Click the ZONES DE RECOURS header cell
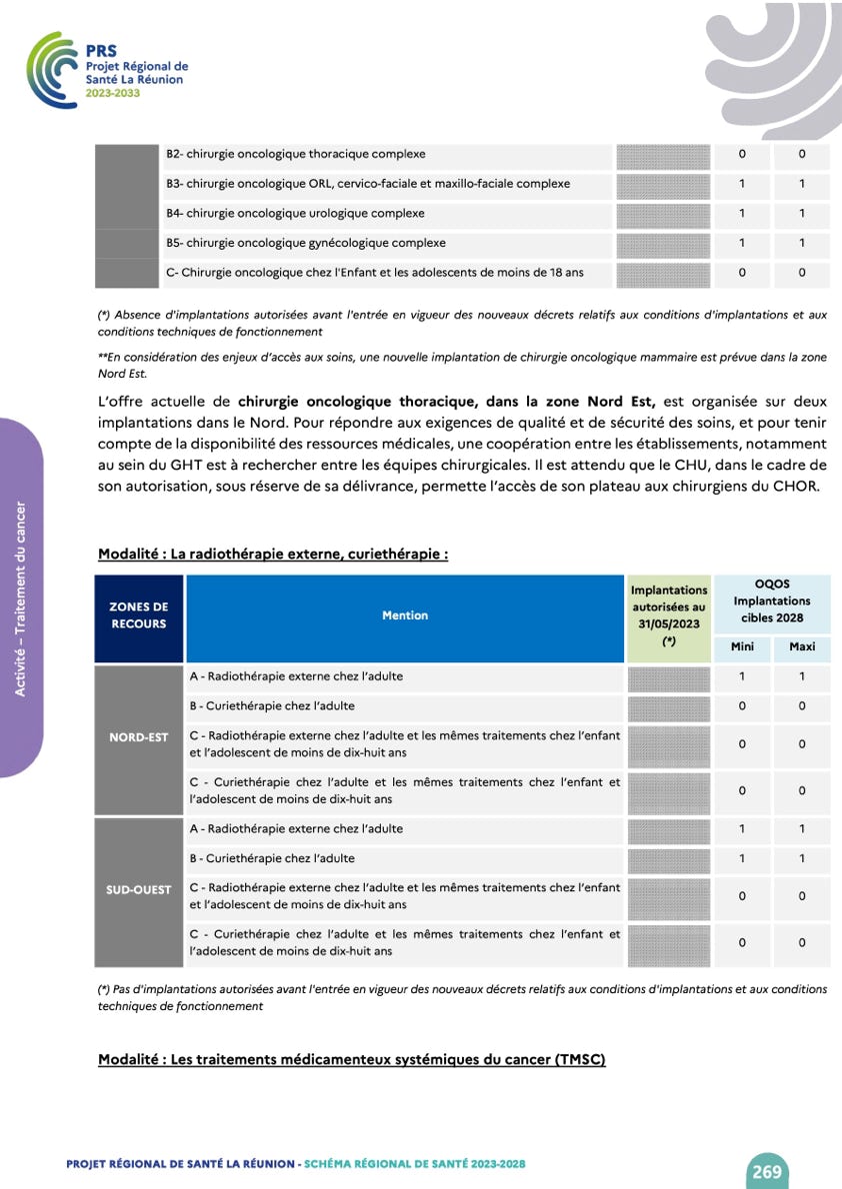[x=139, y=615]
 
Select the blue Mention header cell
[x=405, y=615]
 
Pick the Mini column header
[x=742, y=646]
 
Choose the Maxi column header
[x=802, y=646]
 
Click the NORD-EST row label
[x=139, y=737]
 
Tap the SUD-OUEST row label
[x=139, y=889]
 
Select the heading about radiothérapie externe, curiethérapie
[x=273, y=554]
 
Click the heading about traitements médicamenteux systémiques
[x=352, y=1059]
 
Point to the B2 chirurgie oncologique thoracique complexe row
[x=296, y=154]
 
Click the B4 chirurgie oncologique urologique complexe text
[x=295, y=213]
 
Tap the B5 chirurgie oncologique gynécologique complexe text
[x=306, y=243]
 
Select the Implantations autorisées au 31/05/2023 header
[x=669, y=615]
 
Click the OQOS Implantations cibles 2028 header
[x=771, y=601]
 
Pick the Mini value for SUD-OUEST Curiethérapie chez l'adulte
[x=742, y=858]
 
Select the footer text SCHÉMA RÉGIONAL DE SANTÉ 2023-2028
[x=414, y=1164]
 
